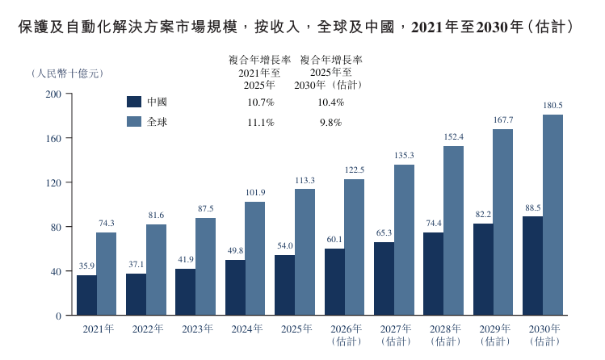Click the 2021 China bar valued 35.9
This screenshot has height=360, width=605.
coord(86,295)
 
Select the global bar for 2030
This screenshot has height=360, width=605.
coord(552,215)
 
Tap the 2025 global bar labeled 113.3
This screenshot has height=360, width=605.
coord(305,252)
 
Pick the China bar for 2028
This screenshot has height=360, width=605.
coord(433,274)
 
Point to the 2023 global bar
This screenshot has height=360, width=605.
coord(206,266)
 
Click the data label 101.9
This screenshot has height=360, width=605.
coord(255,192)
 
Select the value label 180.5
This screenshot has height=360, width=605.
coord(553,105)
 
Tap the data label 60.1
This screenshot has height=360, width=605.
coord(334,240)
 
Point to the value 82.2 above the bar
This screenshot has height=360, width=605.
coord(483,214)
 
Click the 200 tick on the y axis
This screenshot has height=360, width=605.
coord(53,94)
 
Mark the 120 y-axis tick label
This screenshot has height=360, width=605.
coord(53,182)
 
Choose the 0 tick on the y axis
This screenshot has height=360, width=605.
coord(59,316)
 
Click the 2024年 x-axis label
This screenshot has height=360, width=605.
coord(247,329)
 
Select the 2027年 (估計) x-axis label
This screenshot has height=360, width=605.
coord(396,334)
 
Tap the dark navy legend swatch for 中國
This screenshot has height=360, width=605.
coord(134,102)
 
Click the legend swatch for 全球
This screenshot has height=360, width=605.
coord(134,122)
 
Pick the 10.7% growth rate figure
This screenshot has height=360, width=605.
coord(261,103)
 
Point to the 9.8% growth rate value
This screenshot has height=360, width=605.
coord(330,122)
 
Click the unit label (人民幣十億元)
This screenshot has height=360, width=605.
coord(68,73)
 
